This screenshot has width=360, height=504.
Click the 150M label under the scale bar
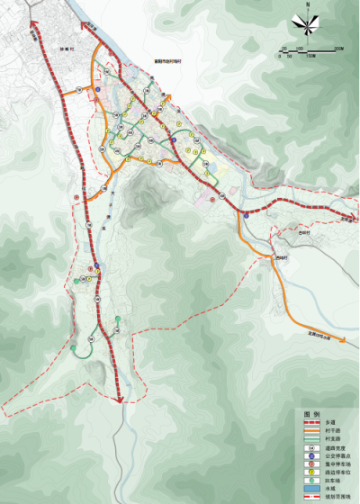[310, 56]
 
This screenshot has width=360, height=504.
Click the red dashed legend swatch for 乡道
[311, 421]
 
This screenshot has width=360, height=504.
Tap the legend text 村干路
[333, 429]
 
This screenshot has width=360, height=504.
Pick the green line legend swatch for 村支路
[311, 437]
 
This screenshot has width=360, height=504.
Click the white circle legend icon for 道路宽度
[311, 446]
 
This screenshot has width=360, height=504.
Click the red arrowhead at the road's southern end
[121, 401]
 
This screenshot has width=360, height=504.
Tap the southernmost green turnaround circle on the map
[74, 348]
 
